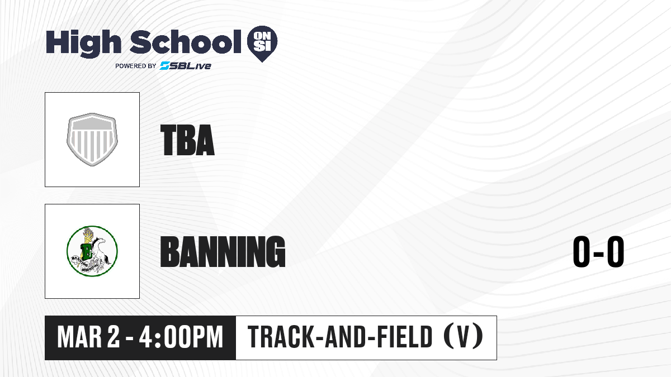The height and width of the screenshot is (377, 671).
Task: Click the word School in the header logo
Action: click(186, 42)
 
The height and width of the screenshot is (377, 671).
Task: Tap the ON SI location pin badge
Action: click(262, 44)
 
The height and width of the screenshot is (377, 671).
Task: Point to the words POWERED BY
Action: click(136, 66)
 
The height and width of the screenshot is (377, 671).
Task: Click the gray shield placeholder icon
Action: click(92, 140)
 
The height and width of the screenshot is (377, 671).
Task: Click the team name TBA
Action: click(187, 140)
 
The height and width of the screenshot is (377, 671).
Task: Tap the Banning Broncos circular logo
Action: click(92, 251)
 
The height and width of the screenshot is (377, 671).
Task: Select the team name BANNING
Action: click(223, 251)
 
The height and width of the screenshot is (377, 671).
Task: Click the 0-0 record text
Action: click(598, 251)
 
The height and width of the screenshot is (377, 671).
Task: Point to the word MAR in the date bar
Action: click(79, 337)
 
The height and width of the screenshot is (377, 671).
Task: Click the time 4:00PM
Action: click(181, 337)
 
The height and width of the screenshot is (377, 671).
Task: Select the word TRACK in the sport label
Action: click(281, 337)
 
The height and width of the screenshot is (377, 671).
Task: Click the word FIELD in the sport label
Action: click(404, 337)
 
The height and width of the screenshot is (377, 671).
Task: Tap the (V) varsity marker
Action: click(464, 337)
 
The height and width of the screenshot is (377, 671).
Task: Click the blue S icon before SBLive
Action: click(164, 66)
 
